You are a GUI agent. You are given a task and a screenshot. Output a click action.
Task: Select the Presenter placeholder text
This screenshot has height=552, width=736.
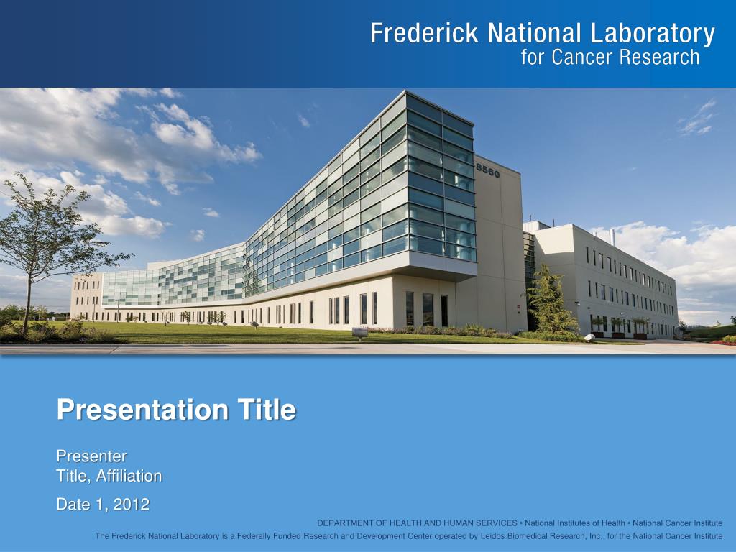pos(91,456)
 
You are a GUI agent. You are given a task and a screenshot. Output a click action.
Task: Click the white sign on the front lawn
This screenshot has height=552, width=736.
pos(359,332)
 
